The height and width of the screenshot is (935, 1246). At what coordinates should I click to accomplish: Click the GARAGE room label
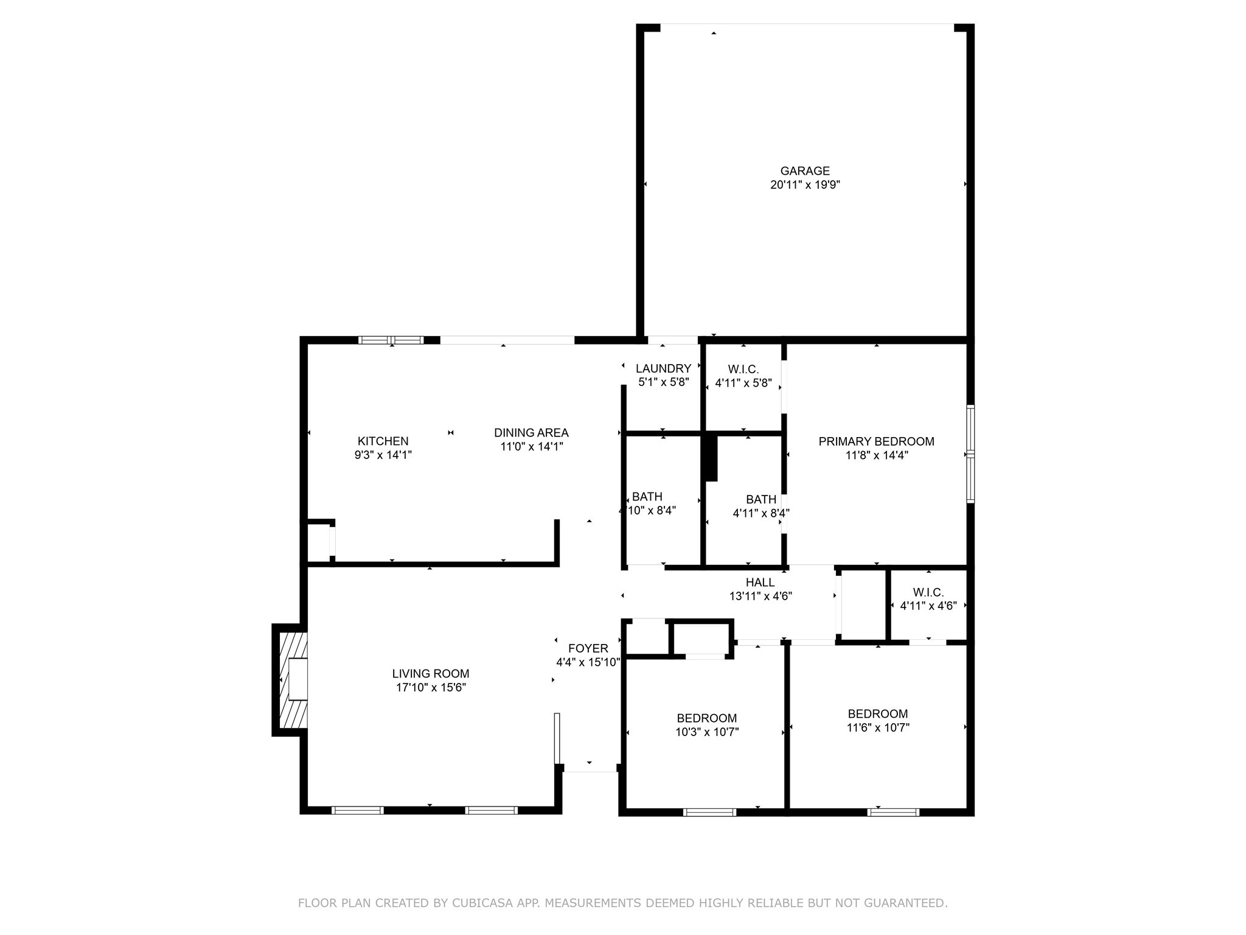point(805,171)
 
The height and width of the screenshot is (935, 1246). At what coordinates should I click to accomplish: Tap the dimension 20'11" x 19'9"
point(805,185)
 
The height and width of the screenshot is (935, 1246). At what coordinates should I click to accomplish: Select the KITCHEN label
point(383,441)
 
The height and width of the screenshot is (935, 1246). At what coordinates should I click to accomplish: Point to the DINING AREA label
point(531,433)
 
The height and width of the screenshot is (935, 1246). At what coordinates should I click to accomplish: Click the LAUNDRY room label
point(663,368)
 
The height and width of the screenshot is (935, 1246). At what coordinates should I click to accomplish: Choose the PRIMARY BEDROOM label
point(876,441)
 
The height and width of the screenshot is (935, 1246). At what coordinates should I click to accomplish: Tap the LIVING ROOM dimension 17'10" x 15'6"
point(431,688)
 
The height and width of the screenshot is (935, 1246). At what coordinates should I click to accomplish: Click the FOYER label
point(588,648)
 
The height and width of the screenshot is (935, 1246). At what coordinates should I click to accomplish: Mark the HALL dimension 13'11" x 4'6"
point(760,597)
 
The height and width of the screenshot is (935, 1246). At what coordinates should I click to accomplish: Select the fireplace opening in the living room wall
point(298,679)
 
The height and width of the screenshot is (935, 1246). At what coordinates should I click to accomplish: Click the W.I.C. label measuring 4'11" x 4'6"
point(928,592)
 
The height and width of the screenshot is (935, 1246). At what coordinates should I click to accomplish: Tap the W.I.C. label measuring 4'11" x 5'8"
point(743,369)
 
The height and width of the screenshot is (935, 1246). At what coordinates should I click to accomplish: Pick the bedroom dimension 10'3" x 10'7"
point(707,732)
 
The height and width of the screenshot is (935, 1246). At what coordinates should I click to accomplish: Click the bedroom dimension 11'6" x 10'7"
point(878,727)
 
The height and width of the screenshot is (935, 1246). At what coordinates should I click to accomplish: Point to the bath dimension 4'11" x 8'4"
point(760,513)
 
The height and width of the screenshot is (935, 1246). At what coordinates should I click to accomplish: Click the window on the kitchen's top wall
point(391,340)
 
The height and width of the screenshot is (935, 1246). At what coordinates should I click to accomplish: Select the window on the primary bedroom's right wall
point(970,454)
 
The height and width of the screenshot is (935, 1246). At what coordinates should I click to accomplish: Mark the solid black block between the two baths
point(709,458)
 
